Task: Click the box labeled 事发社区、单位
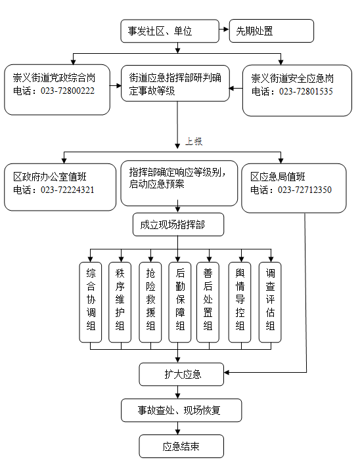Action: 169,31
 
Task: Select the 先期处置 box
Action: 271,31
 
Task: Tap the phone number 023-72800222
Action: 68,91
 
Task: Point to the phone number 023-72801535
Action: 305,91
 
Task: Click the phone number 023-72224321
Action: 67,190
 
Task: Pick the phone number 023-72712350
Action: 305,190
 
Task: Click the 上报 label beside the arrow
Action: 194,141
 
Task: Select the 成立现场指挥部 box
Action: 178,224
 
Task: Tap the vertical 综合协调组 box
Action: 91,302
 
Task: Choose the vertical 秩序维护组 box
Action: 120,302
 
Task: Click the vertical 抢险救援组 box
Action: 150,302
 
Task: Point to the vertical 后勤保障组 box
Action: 179,302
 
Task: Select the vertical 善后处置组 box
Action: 208,302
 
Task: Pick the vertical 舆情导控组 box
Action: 240,302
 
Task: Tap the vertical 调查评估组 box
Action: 270,302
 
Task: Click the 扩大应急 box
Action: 181,374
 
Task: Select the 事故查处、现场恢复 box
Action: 181,410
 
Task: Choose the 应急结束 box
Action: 181,446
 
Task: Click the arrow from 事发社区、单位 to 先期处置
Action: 224,30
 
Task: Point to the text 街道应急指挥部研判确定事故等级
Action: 175,84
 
